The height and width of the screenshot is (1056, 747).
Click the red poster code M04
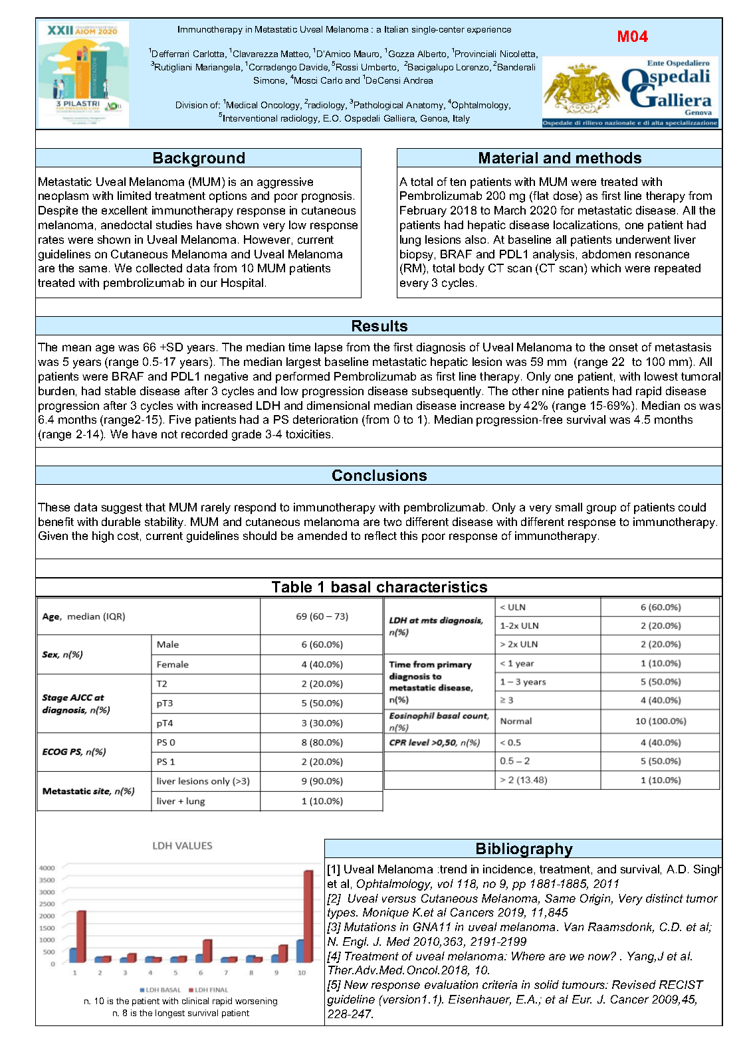(x=632, y=37)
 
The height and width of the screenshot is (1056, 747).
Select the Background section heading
(x=199, y=158)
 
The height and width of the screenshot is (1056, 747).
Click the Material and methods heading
(x=560, y=158)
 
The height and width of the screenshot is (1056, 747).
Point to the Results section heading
(x=379, y=326)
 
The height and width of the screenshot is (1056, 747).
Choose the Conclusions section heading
(x=379, y=476)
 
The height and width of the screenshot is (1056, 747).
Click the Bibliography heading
(x=524, y=849)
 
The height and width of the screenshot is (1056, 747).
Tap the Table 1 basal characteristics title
(x=379, y=587)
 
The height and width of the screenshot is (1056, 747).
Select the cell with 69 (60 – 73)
(x=322, y=616)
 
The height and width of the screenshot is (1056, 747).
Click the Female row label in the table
(x=173, y=664)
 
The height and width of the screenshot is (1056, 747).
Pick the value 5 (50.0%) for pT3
(x=322, y=703)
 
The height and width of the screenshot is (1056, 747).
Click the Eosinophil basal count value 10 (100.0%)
(x=661, y=721)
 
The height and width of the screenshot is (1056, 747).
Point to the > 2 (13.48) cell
(x=524, y=780)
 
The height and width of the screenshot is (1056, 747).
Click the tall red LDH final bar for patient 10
(x=308, y=917)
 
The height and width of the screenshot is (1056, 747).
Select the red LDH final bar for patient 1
(x=81, y=936)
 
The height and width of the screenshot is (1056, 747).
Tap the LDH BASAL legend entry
(x=160, y=990)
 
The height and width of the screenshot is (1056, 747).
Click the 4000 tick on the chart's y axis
(x=47, y=868)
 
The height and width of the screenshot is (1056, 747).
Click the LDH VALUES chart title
(x=182, y=845)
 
